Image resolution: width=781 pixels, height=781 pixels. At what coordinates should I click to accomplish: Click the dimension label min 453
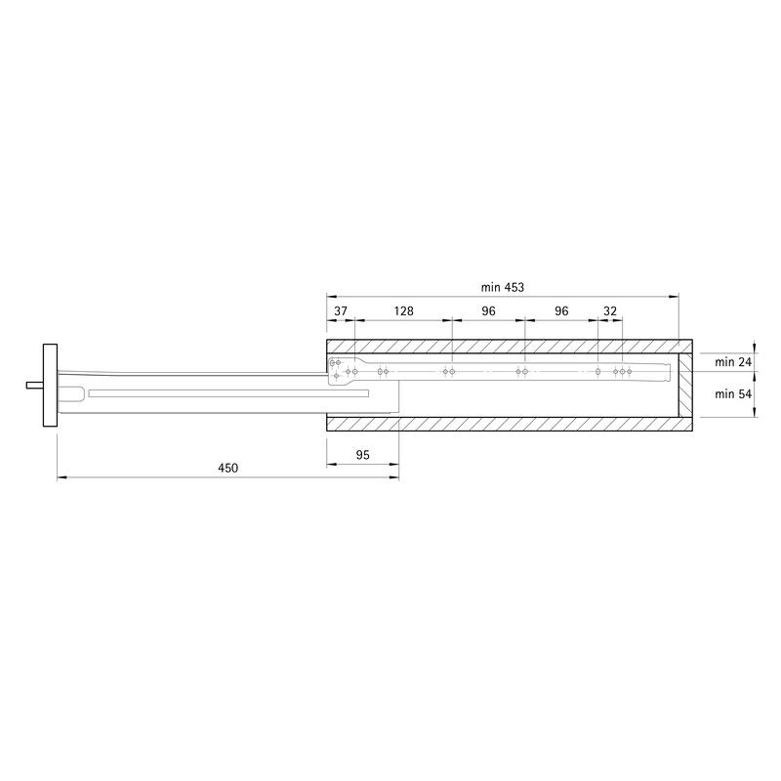pyautogui.click(x=502, y=287)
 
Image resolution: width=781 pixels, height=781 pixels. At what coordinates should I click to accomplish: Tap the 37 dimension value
pyautogui.click(x=340, y=311)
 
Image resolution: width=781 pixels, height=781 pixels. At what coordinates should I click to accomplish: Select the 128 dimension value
pyautogui.click(x=403, y=311)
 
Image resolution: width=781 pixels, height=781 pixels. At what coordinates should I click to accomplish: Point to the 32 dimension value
pyautogui.click(x=610, y=311)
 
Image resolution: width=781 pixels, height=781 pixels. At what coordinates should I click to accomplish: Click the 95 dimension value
pyautogui.click(x=363, y=455)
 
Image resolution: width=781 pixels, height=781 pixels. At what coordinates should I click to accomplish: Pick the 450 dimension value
pyautogui.click(x=228, y=468)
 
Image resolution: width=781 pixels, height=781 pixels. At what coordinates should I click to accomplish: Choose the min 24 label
pyautogui.click(x=733, y=362)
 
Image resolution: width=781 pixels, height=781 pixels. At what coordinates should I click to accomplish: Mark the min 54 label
pyautogui.click(x=733, y=394)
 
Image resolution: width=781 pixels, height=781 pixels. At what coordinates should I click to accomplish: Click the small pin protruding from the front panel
pyautogui.click(x=35, y=385)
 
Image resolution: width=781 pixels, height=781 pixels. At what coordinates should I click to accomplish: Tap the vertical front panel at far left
pyautogui.click(x=51, y=385)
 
